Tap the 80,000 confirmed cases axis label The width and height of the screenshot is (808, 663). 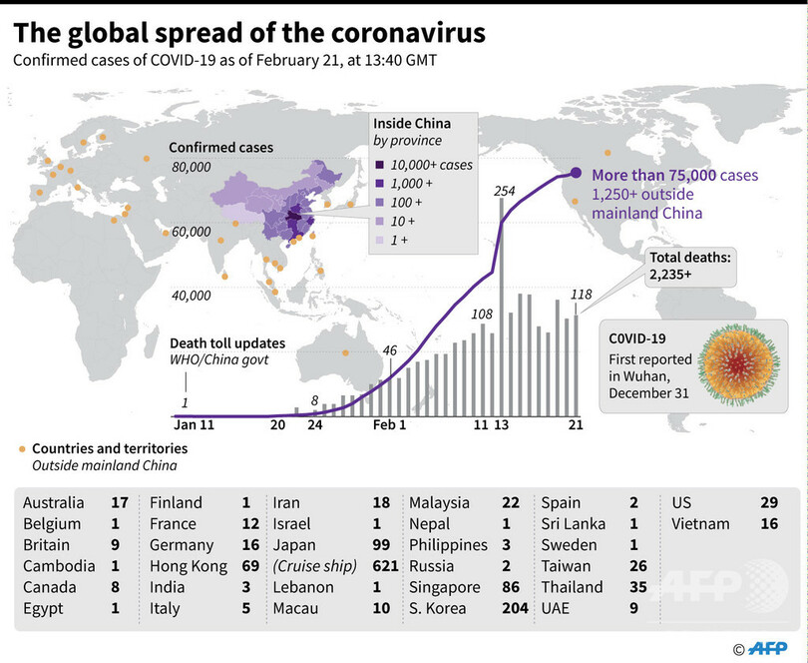(x=192, y=167)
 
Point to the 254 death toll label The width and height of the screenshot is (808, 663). (x=504, y=191)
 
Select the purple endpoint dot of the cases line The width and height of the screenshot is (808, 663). (x=576, y=174)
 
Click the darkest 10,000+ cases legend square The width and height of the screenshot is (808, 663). (x=378, y=165)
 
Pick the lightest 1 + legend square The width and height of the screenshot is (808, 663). (x=378, y=241)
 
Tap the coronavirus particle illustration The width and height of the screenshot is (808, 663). (x=739, y=362)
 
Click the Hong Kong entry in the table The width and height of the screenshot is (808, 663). (x=182, y=566)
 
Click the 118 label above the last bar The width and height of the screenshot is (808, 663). (x=580, y=295)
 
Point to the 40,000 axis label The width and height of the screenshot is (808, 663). (x=192, y=296)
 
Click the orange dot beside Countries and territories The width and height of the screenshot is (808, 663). (x=22, y=449)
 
